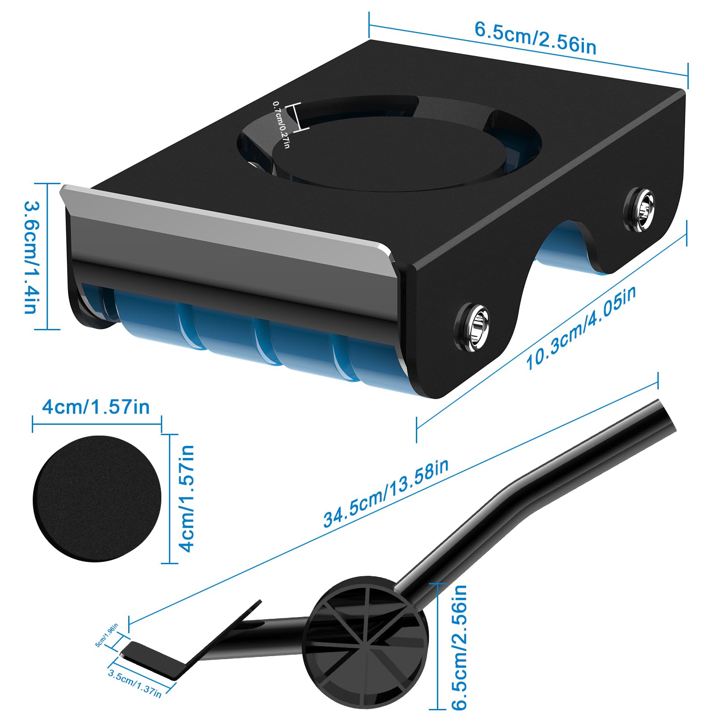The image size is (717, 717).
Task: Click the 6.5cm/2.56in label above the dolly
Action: coord(536,38)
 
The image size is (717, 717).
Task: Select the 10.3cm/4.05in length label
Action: coord(580,328)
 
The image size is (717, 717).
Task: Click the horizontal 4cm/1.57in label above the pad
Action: coord(96,407)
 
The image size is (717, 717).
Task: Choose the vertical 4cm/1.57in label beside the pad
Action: coord(186,498)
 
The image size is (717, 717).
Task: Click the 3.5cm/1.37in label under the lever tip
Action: coord(135,683)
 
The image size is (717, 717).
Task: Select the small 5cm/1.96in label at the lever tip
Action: coord(107,635)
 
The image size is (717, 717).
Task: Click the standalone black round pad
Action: coord(97,498)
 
